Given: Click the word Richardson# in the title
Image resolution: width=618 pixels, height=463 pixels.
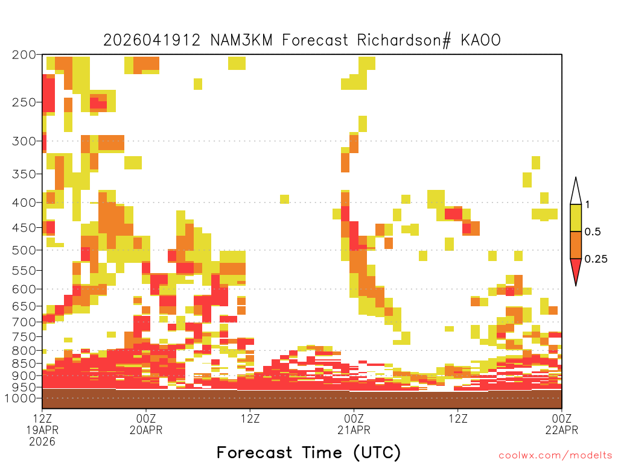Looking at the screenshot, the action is (x=404, y=40).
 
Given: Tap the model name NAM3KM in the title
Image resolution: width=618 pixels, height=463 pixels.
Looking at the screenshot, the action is (x=241, y=40).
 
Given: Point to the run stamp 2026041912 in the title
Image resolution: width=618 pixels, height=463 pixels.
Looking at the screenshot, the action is (x=151, y=40).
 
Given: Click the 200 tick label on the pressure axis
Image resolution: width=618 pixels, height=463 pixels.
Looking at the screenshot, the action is (x=24, y=55).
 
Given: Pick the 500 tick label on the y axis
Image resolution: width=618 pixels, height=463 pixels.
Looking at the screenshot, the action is (x=24, y=250).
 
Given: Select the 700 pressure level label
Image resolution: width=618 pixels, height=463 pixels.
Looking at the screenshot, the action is (x=24, y=322).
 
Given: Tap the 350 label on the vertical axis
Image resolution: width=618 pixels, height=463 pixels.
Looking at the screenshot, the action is (x=24, y=174).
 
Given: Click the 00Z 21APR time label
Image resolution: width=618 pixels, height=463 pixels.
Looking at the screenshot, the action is (x=354, y=424).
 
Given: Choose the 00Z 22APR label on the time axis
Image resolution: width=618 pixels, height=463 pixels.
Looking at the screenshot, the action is (x=562, y=424).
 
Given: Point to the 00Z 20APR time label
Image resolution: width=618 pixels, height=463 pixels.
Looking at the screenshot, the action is (x=146, y=424).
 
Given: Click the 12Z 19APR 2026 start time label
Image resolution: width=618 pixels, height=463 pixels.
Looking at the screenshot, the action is (x=42, y=430).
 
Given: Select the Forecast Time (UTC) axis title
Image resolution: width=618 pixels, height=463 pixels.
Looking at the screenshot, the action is (x=308, y=452).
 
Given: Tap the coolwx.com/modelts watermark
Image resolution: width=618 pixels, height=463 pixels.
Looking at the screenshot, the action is (x=556, y=456).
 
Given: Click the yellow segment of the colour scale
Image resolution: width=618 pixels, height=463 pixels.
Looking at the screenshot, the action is (x=576, y=218).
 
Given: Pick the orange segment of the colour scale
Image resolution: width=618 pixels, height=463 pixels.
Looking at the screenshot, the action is (x=576, y=245).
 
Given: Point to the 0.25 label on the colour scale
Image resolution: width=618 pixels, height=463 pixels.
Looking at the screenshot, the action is (x=596, y=259).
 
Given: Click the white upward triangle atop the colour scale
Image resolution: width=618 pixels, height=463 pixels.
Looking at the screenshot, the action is (x=576, y=192).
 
